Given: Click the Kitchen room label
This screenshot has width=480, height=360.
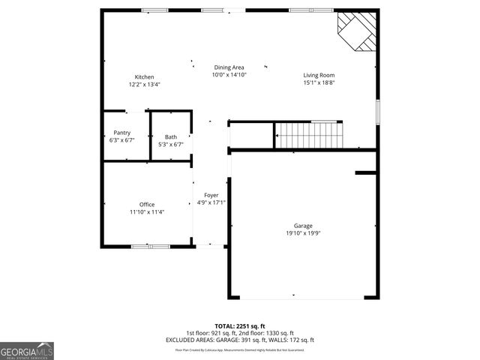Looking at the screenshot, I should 144,77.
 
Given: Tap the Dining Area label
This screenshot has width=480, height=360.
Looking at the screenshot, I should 229,67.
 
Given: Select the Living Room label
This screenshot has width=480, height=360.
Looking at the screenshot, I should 319,75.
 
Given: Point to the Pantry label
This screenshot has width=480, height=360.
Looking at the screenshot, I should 121,133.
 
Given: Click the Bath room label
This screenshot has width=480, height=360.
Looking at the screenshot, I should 171,136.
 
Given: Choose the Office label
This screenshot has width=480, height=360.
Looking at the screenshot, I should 147,205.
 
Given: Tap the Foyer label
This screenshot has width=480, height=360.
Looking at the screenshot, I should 211,195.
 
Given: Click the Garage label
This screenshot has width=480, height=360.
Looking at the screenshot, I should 303,226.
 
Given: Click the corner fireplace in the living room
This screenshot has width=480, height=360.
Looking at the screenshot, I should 355,31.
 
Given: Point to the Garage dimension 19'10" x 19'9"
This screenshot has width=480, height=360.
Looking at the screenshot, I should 303,233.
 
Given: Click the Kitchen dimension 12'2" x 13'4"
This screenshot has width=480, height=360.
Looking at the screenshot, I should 144,85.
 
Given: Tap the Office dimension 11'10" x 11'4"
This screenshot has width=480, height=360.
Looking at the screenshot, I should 147,212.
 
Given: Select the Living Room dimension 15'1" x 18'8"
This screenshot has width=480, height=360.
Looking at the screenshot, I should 319,82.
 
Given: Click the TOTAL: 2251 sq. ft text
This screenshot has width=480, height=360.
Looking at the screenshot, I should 239,325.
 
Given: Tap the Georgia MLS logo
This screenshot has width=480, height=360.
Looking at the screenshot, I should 27,351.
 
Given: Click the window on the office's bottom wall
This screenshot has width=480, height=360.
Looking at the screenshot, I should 148,246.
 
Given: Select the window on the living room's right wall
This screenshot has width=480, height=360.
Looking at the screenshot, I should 376,112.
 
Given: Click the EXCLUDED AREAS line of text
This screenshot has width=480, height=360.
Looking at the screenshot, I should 239,340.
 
